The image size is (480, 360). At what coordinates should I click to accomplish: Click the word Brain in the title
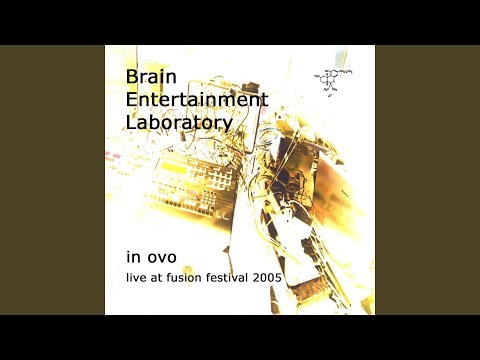(x=150, y=78)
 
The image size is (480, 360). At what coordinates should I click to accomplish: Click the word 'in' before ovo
(x=132, y=256)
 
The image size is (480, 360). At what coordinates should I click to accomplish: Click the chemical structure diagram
(x=333, y=80)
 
